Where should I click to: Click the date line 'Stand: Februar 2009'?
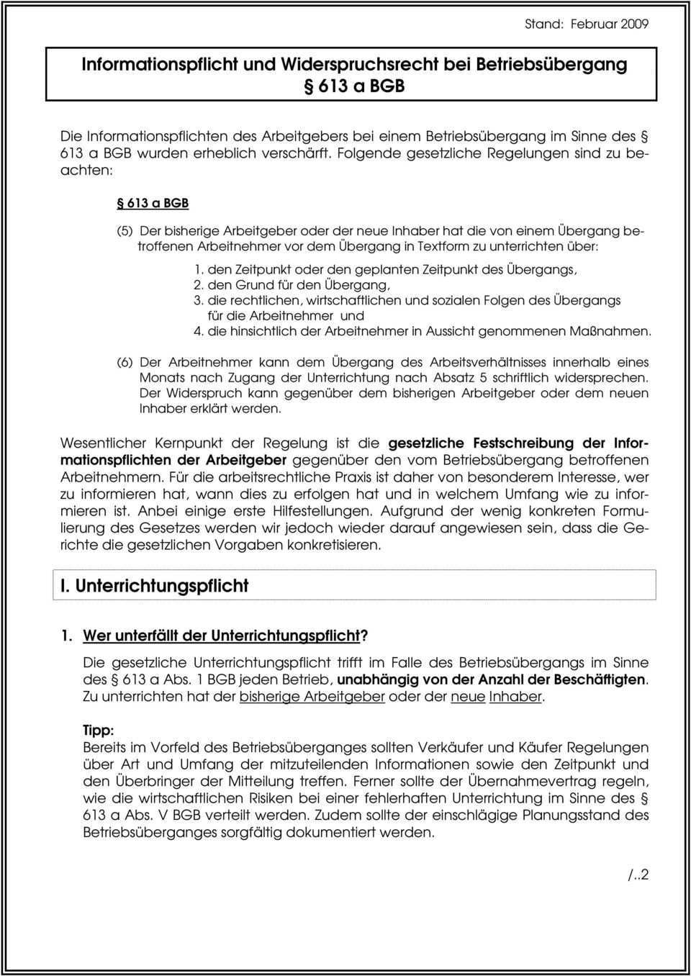click(586, 24)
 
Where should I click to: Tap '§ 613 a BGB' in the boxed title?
click(351, 86)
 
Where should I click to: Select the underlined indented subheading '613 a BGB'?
click(153, 203)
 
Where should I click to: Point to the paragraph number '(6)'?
click(125, 362)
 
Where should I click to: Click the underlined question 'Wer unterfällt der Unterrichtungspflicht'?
click(221, 636)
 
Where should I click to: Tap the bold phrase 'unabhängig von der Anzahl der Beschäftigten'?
click(492, 679)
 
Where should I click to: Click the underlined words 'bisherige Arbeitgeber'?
click(312, 697)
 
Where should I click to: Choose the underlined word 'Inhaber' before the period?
click(515, 697)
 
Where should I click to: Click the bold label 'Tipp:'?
click(98, 730)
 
